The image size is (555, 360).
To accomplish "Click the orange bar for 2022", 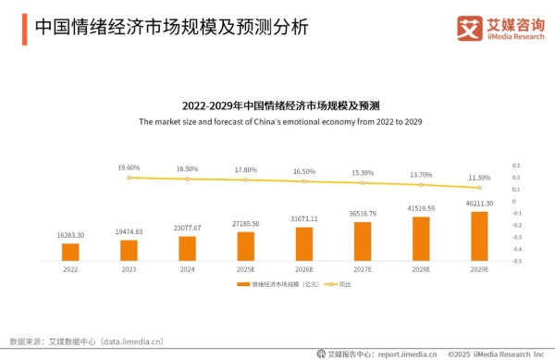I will point(70,252).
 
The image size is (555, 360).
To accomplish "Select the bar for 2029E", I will point(478,236).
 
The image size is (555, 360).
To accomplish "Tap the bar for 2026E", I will point(303,243).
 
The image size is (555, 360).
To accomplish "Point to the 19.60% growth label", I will point(129,168).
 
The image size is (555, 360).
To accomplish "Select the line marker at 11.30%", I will point(478,186).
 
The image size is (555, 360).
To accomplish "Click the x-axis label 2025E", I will point(245,269).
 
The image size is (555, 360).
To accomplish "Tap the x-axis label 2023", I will point(129,269).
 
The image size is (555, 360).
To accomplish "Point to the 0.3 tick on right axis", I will point(516,154).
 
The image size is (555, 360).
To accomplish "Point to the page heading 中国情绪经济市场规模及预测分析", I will point(171,27).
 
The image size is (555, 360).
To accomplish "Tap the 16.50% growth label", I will point(303,171).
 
